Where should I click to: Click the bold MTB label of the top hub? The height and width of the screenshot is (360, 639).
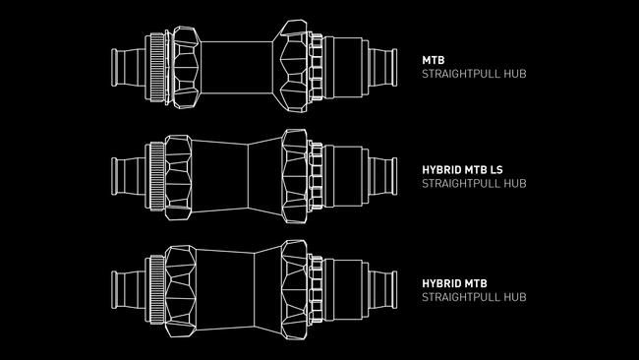click(x=434, y=60)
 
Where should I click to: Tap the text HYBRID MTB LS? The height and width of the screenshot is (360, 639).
click(x=463, y=169)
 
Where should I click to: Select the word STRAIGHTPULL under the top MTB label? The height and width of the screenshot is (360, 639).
click(x=460, y=74)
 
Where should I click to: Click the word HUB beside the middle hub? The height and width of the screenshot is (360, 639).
click(x=515, y=184)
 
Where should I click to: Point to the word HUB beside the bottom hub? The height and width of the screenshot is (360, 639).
click(x=515, y=297)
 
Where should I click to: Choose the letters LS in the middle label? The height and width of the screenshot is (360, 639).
click(x=496, y=169)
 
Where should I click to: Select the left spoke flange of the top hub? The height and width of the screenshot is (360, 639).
click(x=186, y=68)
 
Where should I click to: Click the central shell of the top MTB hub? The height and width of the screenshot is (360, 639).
click(x=237, y=67)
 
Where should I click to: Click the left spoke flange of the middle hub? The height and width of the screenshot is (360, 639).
click(x=178, y=177)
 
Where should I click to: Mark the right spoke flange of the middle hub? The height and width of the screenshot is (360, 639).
click(x=295, y=176)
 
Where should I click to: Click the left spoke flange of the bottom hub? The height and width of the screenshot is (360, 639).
click(x=180, y=291)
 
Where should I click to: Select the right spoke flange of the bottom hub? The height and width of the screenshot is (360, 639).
click(x=295, y=289)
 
